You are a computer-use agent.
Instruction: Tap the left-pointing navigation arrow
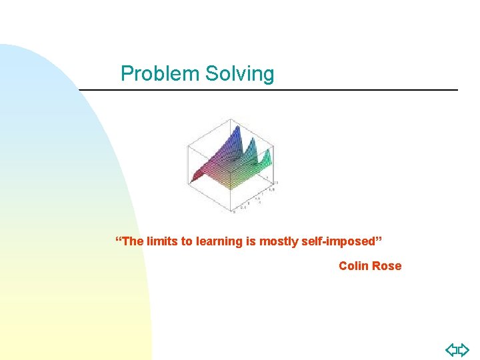(x=451, y=349)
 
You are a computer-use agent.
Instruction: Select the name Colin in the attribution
(x=353, y=266)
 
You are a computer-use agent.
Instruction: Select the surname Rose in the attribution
(x=387, y=266)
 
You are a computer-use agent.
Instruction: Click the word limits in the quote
(x=160, y=241)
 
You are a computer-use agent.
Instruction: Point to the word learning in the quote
(x=219, y=241)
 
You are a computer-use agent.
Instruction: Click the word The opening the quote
(x=131, y=241)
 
